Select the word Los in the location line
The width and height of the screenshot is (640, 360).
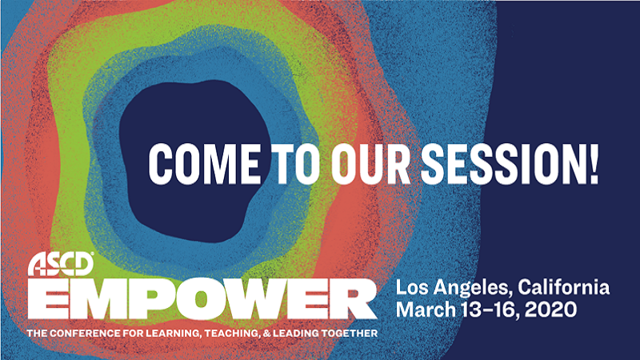click(x=412, y=287)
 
